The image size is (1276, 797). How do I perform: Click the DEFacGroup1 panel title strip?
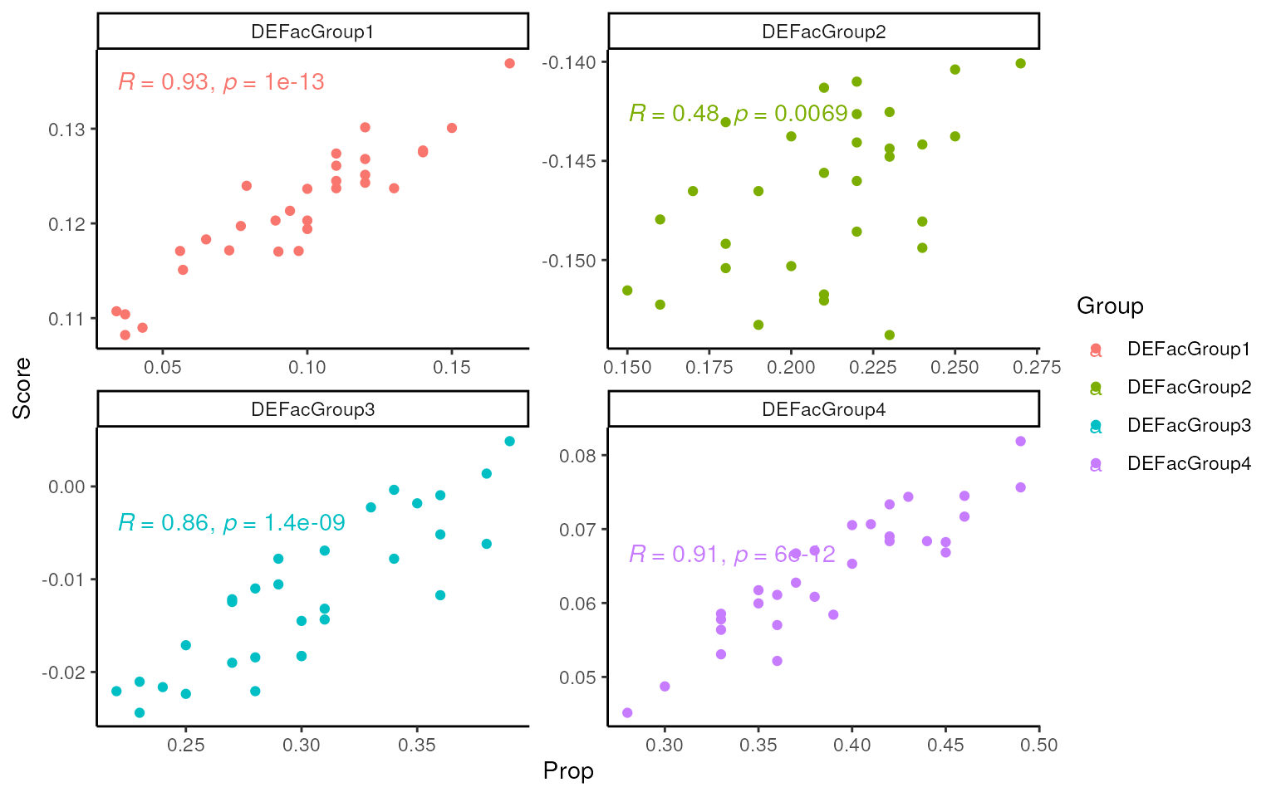(312, 32)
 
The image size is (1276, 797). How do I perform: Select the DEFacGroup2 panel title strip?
(823, 32)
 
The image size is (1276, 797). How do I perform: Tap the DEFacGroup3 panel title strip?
(312, 409)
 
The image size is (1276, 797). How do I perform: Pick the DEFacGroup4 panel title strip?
(823, 409)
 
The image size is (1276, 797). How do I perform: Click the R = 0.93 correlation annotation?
(221, 82)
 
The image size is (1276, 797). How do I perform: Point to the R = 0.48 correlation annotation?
(738, 114)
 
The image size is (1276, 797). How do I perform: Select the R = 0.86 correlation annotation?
(231, 523)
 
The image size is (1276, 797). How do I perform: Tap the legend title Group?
(1110, 306)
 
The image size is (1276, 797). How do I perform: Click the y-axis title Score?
(22, 388)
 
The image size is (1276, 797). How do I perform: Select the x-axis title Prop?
(568, 771)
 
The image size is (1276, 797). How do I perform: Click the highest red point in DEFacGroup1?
(509, 64)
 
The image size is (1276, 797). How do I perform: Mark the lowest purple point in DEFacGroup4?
(627, 713)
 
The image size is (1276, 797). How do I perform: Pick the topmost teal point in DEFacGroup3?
(509, 442)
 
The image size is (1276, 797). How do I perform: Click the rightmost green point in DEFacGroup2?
(1021, 64)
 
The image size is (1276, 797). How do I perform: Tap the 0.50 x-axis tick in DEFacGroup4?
(1038, 746)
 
